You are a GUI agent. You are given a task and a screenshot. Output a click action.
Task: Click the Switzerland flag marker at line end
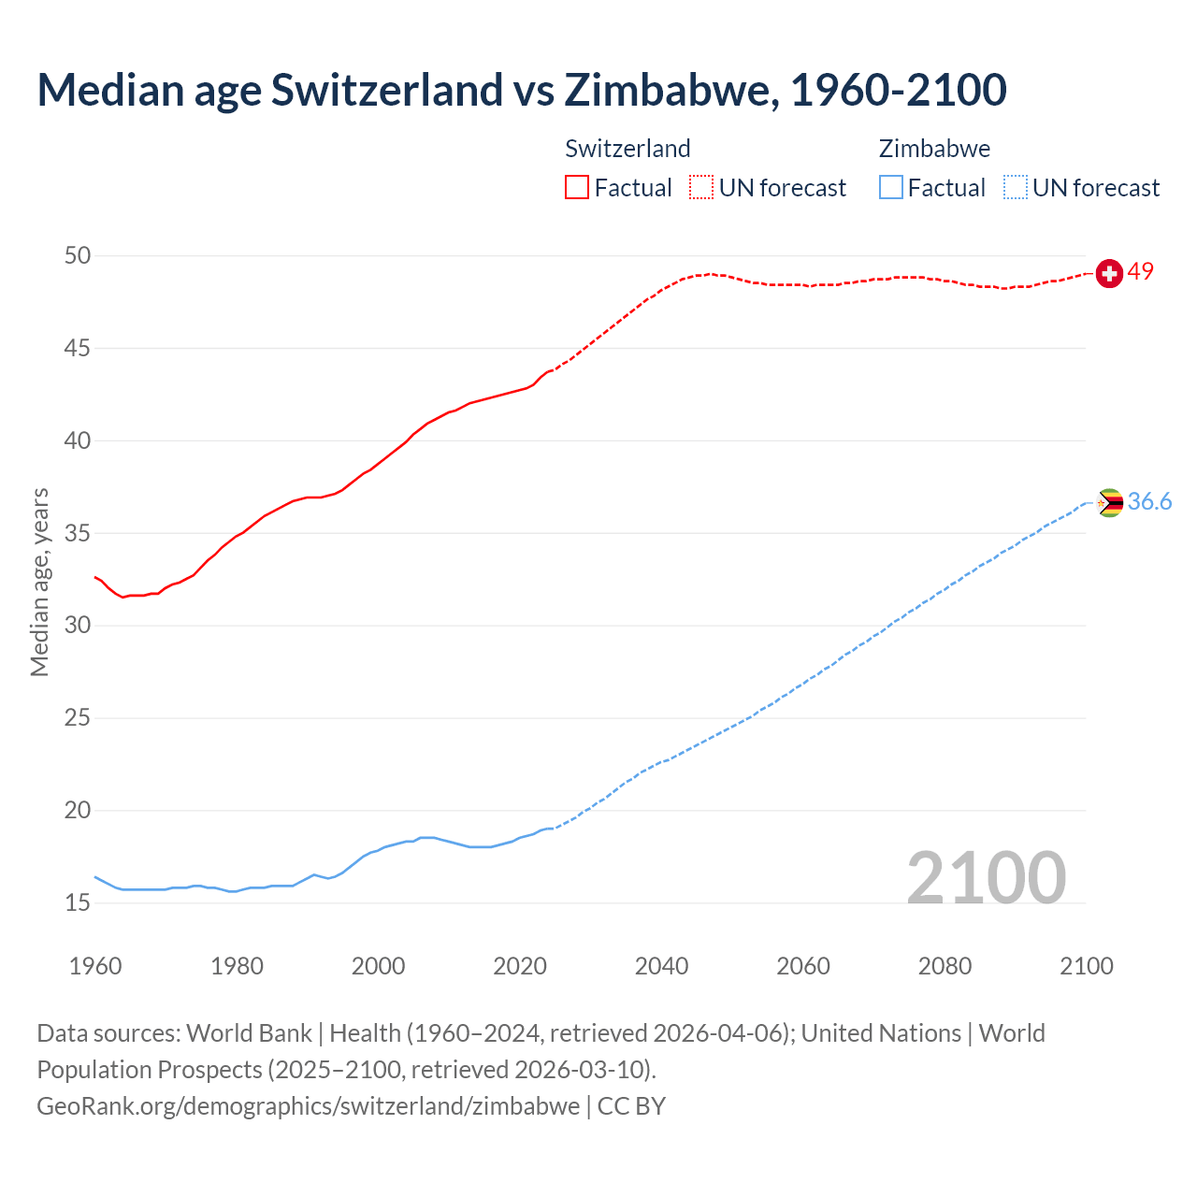point(1109,273)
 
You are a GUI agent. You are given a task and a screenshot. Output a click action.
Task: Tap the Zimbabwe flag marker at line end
point(1109,503)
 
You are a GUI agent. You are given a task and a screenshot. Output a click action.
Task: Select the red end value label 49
point(1141,272)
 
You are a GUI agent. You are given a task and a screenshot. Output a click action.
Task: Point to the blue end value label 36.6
point(1149,502)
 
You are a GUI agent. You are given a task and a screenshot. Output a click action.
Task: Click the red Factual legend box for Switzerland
point(577,188)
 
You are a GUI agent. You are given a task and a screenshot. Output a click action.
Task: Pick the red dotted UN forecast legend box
point(701,188)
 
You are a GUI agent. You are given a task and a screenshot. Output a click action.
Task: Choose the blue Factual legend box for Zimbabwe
point(891,188)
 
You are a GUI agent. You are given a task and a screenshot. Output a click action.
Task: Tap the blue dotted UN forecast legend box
point(1015,188)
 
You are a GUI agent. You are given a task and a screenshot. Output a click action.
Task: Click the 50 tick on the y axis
point(78,256)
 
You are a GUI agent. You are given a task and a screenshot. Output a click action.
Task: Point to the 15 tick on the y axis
point(78,903)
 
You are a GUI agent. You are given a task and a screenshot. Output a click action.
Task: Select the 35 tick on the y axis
point(78,534)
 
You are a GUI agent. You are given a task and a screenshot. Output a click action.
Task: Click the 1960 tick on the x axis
point(95,966)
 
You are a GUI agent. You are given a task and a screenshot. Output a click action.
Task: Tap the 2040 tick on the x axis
point(661,966)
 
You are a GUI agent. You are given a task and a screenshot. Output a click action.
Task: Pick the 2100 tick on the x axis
point(1087,966)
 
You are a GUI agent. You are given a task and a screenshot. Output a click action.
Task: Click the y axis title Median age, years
point(39,582)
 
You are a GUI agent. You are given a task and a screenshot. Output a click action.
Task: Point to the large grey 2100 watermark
point(987,877)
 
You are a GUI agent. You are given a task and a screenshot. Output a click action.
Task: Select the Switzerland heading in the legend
point(627,149)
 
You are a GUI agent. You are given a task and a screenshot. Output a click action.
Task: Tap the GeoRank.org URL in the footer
point(308,1106)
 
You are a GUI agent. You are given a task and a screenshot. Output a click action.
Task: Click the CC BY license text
point(631,1106)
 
